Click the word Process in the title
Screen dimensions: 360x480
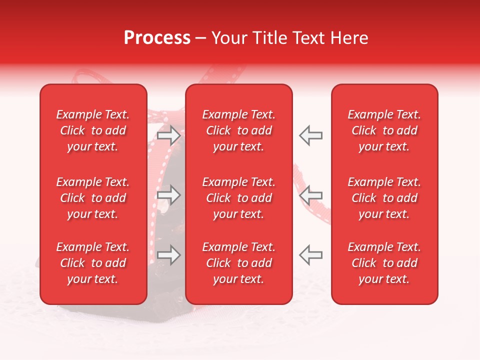click(x=157, y=38)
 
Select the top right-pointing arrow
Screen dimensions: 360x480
click(x=169, y=135)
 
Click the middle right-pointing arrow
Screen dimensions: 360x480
click(x=169, y=195)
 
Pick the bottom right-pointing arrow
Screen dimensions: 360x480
click(x=169, y=255)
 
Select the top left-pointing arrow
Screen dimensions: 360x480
click(x=310, y=135)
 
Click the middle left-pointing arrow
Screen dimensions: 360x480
click(x=310, y=195)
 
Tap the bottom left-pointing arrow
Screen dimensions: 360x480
click(x=310, y=255)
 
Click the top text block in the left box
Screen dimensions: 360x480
click(x=93, y=130)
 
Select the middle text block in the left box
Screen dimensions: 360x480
click(x=93, y=198)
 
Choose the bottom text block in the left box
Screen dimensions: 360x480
click(x=93, y=263)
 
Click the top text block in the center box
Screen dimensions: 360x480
click(x=239, y=130)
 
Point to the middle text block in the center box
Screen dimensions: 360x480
click(x=239, y=198)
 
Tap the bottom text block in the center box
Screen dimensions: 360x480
click(x=239, y=263)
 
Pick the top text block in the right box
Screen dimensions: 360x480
click(x=384, y=130)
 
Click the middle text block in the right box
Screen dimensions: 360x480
click(x=384, y=198)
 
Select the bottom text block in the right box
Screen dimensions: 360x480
click(x=384, y=263)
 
